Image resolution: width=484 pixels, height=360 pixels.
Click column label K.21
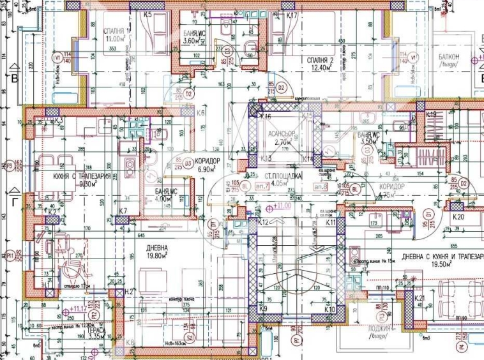pos(419,299)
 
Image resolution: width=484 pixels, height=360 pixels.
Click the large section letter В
pos(13,79)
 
